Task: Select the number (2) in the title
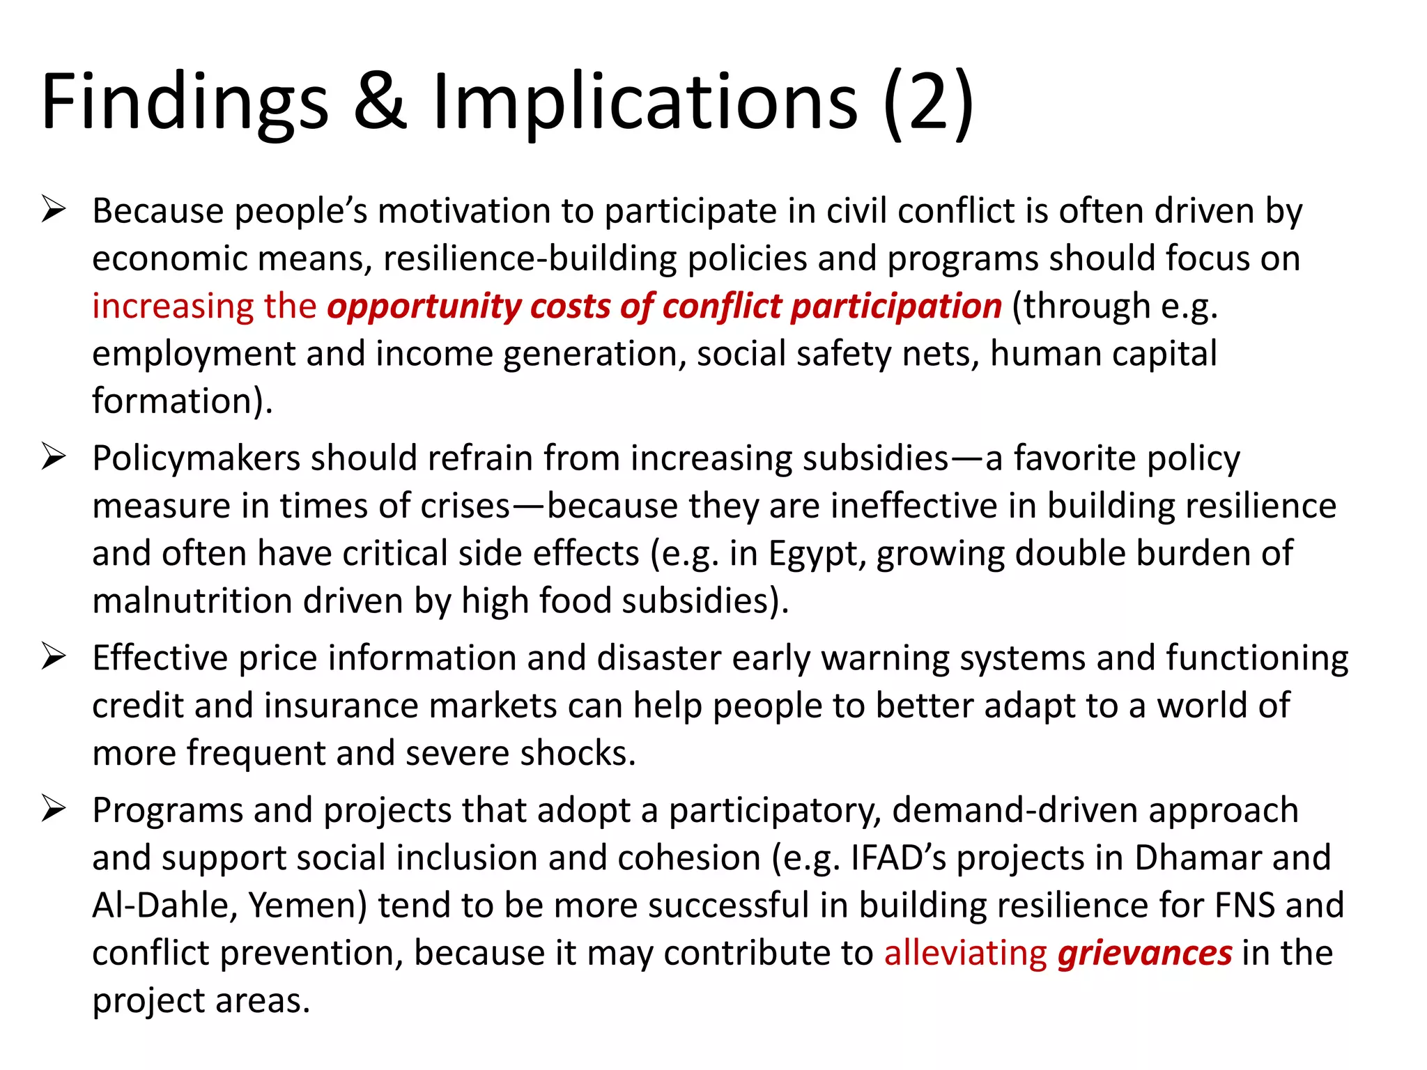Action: pos(928,103)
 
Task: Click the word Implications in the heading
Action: pos(645,103)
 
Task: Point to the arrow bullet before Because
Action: pos(54,210)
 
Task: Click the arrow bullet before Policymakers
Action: pos(54,457)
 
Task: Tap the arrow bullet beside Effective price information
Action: pos(54,657)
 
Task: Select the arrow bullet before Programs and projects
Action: pos(54,809)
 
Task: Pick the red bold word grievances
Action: pos(1145,953)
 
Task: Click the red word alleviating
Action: pos(965,953)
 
